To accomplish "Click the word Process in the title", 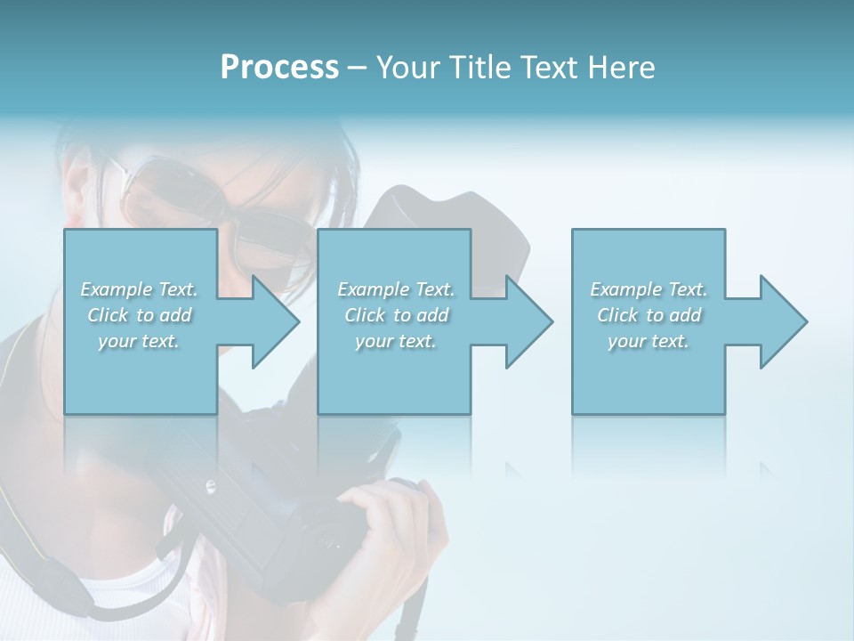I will pos(279,68).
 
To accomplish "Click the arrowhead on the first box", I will pos(270,321).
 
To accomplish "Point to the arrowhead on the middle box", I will pos(524,321).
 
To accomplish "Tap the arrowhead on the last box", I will pos(778,321).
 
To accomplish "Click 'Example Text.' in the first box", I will pos(140,289).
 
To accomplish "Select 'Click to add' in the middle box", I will pos(396,315).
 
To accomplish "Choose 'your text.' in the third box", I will pos(649,341).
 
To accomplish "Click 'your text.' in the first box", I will pos(140,341).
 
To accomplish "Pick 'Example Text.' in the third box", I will pos(649,289).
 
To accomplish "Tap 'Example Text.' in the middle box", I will pos(396,289).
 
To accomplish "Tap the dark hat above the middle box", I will pos(445,209).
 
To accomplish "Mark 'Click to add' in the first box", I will pos(140,315).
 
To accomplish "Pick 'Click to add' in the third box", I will pos(649,315).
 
